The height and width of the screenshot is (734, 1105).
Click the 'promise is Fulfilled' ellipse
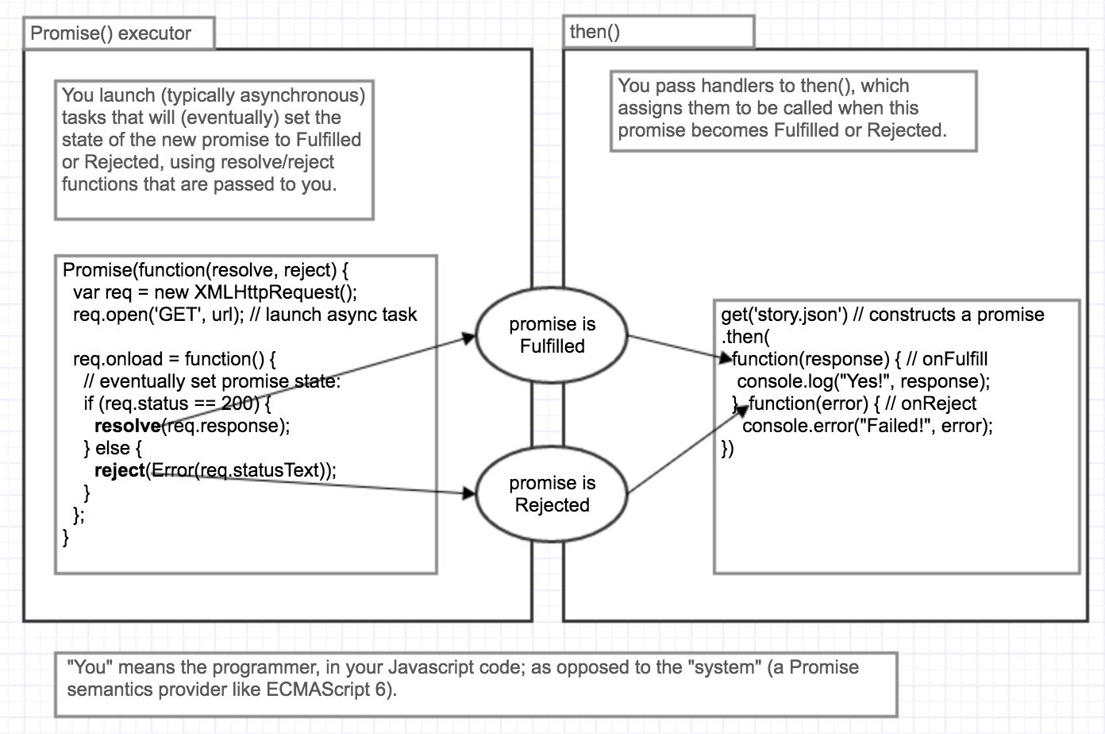coord(552,335)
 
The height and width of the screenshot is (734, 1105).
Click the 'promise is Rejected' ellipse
coord(552,494)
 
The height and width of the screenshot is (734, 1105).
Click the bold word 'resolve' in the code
coord(127,426)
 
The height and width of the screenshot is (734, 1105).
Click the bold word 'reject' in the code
coord(120,470)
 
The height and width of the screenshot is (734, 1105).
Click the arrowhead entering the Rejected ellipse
coord(468,493)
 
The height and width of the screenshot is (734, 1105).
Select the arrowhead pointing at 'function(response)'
coord(726,359)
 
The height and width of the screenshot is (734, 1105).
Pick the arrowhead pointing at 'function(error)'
coord(742,409)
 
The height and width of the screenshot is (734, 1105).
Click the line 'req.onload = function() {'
coord(175,359)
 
